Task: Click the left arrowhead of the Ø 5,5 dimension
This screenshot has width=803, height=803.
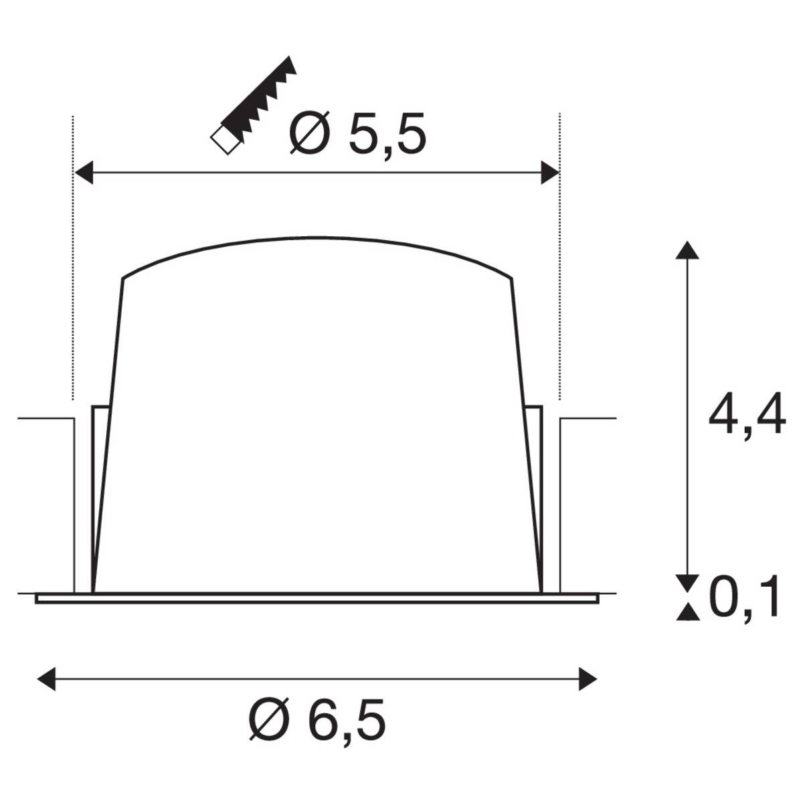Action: [x=83, y=172]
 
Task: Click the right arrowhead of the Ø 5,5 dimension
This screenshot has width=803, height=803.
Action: [x=549, y=172]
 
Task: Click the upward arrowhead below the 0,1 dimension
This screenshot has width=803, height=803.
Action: [x=683, y=611]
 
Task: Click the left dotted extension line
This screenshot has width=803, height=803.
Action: [x=72, y=268]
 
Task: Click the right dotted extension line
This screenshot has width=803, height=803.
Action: [x=559, y=268]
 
